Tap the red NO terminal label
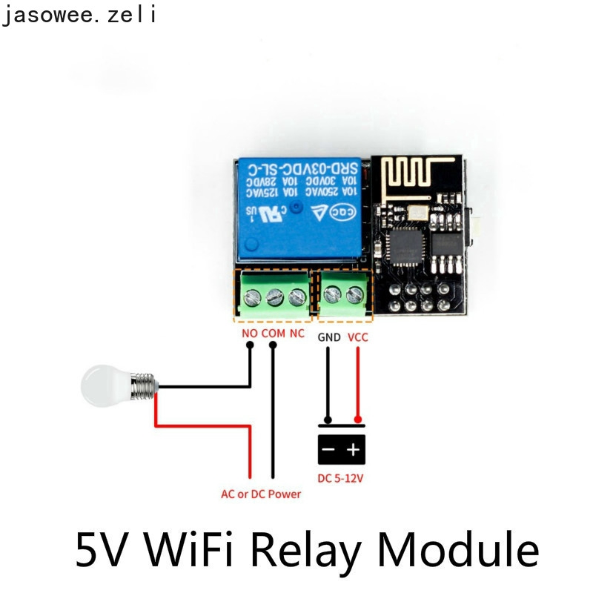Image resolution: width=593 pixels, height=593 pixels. [250, 334]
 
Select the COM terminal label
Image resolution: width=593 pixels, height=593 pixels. [273, 334]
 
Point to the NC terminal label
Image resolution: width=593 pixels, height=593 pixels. [296, 334]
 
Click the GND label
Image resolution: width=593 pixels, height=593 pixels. [329, 337]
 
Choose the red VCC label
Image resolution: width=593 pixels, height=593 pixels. [357, 337]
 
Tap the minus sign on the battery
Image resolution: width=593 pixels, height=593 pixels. [328, 448]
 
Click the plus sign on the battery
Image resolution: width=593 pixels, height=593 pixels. [354, 448]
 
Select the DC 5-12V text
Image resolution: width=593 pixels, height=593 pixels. [341, 478]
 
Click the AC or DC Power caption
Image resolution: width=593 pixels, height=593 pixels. [261, 494]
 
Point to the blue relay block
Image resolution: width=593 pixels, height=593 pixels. [298, 211]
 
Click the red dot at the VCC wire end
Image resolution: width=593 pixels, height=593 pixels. [358, 420]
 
